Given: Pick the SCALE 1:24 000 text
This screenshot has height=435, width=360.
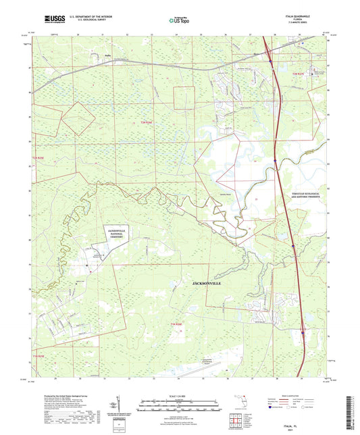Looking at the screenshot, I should click(x=180, y=395).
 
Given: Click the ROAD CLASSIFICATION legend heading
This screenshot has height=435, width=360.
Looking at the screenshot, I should click(x=297, y=394).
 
